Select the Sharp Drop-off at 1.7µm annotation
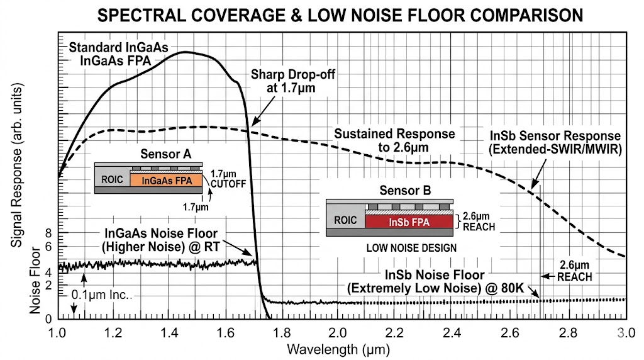[293, 81]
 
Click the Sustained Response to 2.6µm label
[394, 140]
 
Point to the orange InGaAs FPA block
[167, 180]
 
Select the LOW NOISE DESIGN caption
[411, 247]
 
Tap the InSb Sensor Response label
[555, 142]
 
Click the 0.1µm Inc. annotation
[101, 295]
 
